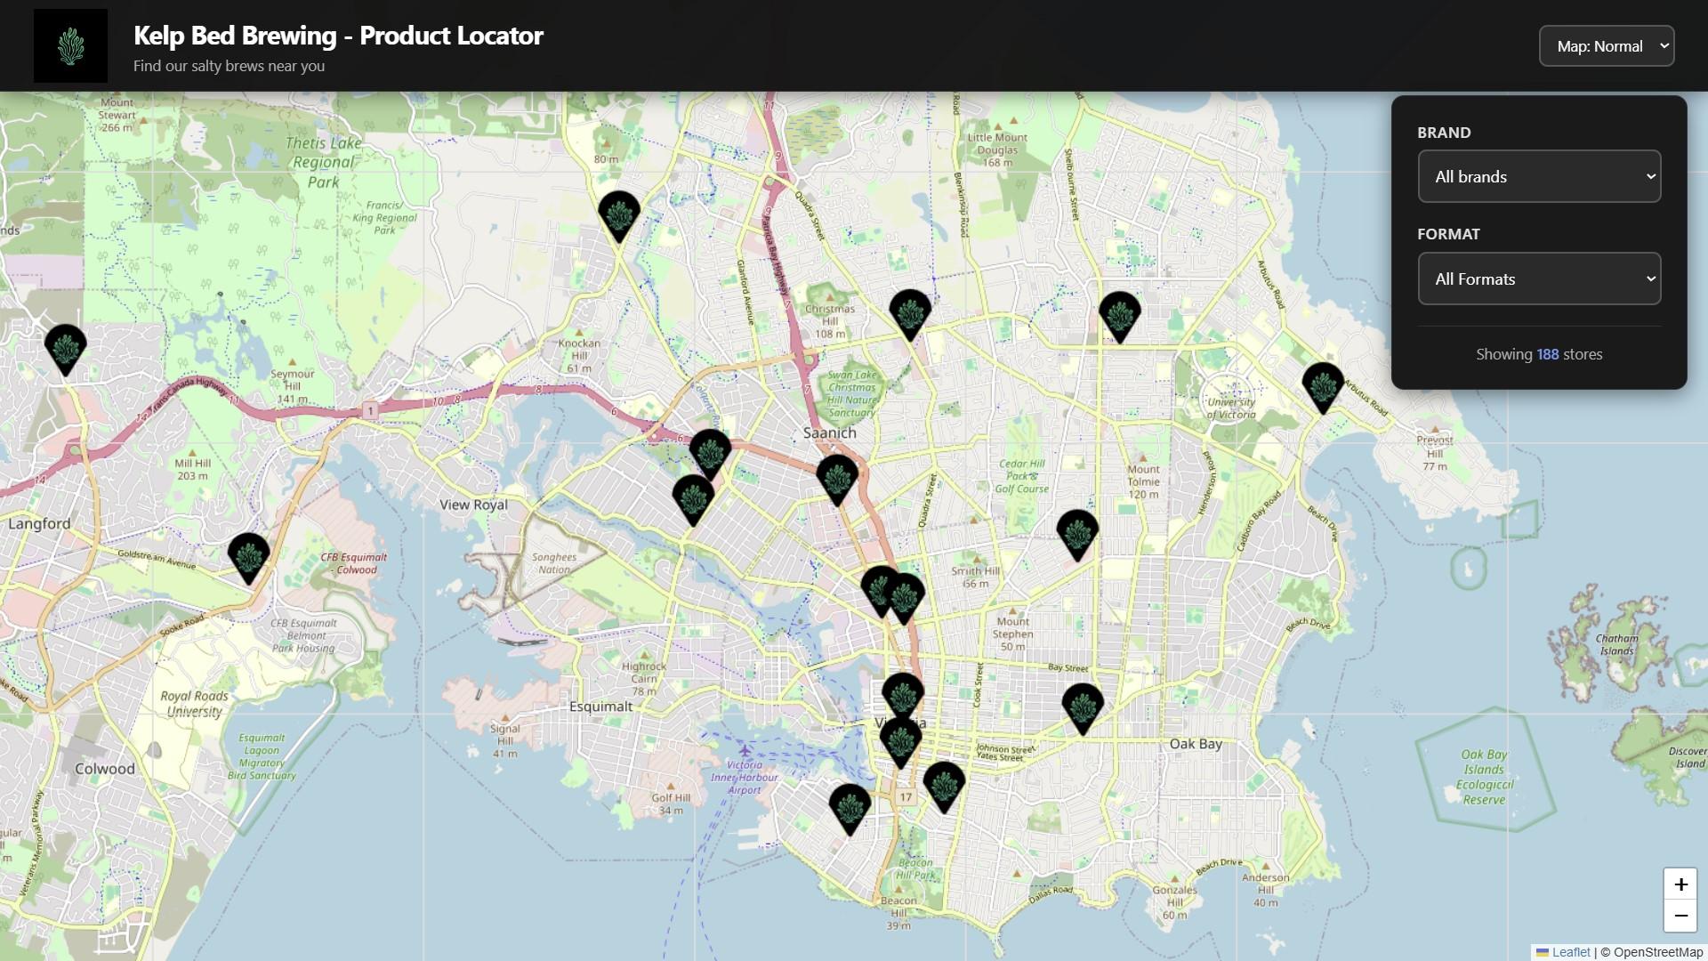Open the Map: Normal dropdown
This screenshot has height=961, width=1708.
1606,46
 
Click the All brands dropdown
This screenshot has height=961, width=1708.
1538,176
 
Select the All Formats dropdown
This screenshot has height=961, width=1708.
1538,279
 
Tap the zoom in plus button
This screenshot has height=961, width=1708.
1680,884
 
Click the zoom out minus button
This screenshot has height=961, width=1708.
1680,916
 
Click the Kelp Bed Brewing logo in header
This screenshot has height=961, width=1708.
70,46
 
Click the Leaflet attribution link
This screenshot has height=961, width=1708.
1570,952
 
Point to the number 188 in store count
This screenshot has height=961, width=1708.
1547,354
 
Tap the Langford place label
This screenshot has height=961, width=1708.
39,524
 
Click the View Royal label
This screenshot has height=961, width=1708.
473,505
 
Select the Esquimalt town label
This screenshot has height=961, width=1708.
600,707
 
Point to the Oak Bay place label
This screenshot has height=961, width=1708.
1195,744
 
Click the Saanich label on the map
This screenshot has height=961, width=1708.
829,433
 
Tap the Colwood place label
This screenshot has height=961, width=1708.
105,769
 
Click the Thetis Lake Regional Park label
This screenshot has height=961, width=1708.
323,162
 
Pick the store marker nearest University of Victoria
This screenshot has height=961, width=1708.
1322,385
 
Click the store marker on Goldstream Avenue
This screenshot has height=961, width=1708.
248,555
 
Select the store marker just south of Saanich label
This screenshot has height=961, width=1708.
836,477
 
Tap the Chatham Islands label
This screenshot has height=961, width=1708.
1615,644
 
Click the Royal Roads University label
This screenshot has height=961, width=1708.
194,703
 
